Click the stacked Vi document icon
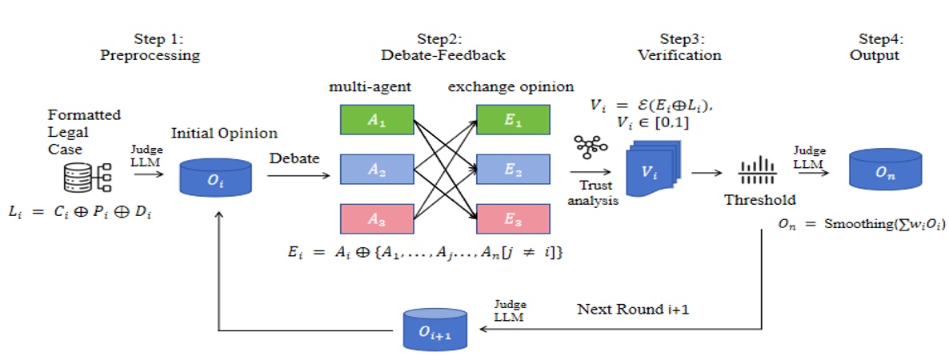[653, 170]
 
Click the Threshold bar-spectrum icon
[751, 170]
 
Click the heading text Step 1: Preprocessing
[150, 47]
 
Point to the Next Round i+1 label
[627, 308]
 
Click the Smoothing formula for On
[860, 225]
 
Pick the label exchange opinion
[511, 86]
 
